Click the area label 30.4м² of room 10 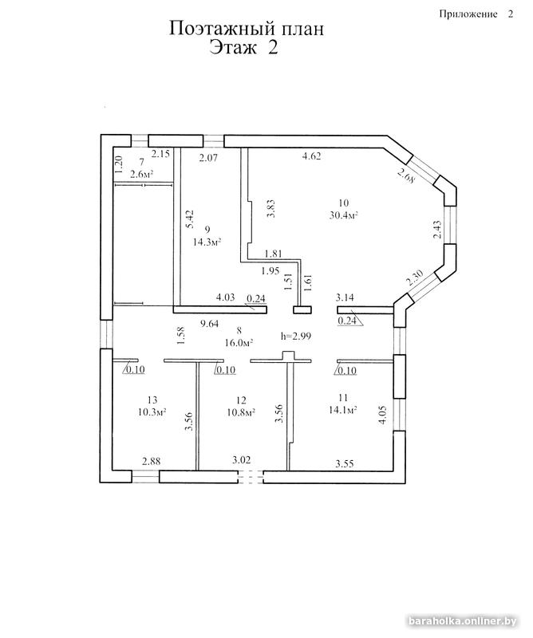click(343, 215)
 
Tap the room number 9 click(207, 230)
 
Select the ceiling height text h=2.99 click(296, 336)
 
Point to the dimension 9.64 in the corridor click(209, 324)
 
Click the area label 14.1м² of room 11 click(342, 410)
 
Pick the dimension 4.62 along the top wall click(311, 156)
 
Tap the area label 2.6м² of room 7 click(142, 174)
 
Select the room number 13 click(152, 400)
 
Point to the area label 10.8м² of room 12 click(241, 412)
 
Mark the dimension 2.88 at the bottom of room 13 click(151, 461)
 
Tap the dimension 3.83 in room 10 click(270, 208)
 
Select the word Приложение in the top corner click(468, 14)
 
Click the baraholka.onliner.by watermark click(462, 621)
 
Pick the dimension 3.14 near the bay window click(345, 297)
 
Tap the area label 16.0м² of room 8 click(239, 343)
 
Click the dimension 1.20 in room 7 click(118, 165)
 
